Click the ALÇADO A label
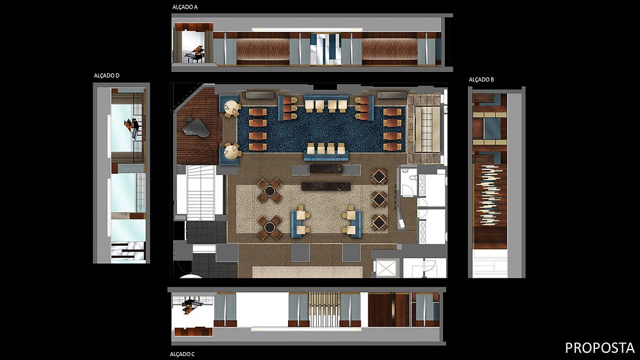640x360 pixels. tap(185, 7)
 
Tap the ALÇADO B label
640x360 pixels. tap(481, 80)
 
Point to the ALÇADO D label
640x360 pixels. tap(107, 76)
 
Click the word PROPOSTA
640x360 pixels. tap(599, 346)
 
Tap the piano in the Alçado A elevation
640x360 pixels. tap(194, 54)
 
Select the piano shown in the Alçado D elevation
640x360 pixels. tap(135, 127)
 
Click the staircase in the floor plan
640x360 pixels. tap(199, 193)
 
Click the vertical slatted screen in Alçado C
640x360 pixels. tap(324, 310)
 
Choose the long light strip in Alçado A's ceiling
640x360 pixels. tap(307, 29)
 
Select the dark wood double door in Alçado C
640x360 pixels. tap(389, 310)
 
